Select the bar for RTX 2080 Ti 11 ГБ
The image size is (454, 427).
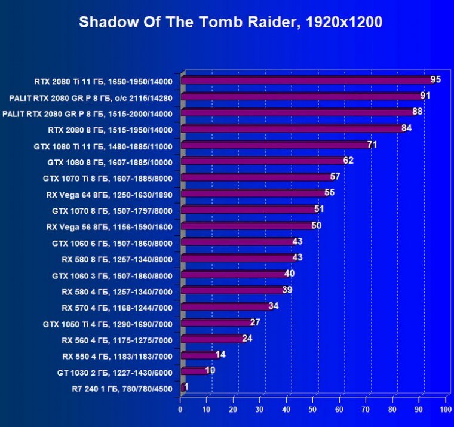pyautogui.click(x=305, y=80)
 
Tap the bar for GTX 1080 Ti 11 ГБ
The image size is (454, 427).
pyautogui.click(x=275, y=145)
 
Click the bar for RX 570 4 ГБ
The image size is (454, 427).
pyautogui.click(x=225, y=307)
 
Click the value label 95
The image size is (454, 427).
pyautogui.click(x=435, y=79)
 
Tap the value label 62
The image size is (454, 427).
pyautogui.click(x=348, y=160)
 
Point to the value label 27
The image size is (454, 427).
pyautogui.click(x=255, y=322)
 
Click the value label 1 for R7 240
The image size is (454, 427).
pyautogui.click(x=187, y=387)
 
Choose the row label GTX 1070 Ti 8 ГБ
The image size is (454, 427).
pyautogui.click(x=108, y=178)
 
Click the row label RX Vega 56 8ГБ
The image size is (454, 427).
pyautogui.click(x=109, y=226)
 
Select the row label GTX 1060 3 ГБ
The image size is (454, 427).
pyautogui.click(x=112, y=275)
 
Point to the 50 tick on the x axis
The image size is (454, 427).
pyautogui.click(x=312, y=410)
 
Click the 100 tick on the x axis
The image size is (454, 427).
pyautogui.click(x=444, y=410)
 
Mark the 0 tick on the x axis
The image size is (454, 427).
pyautogui.click(x=180, y=410)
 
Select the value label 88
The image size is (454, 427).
pyautogui.click(x=417, y=112)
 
